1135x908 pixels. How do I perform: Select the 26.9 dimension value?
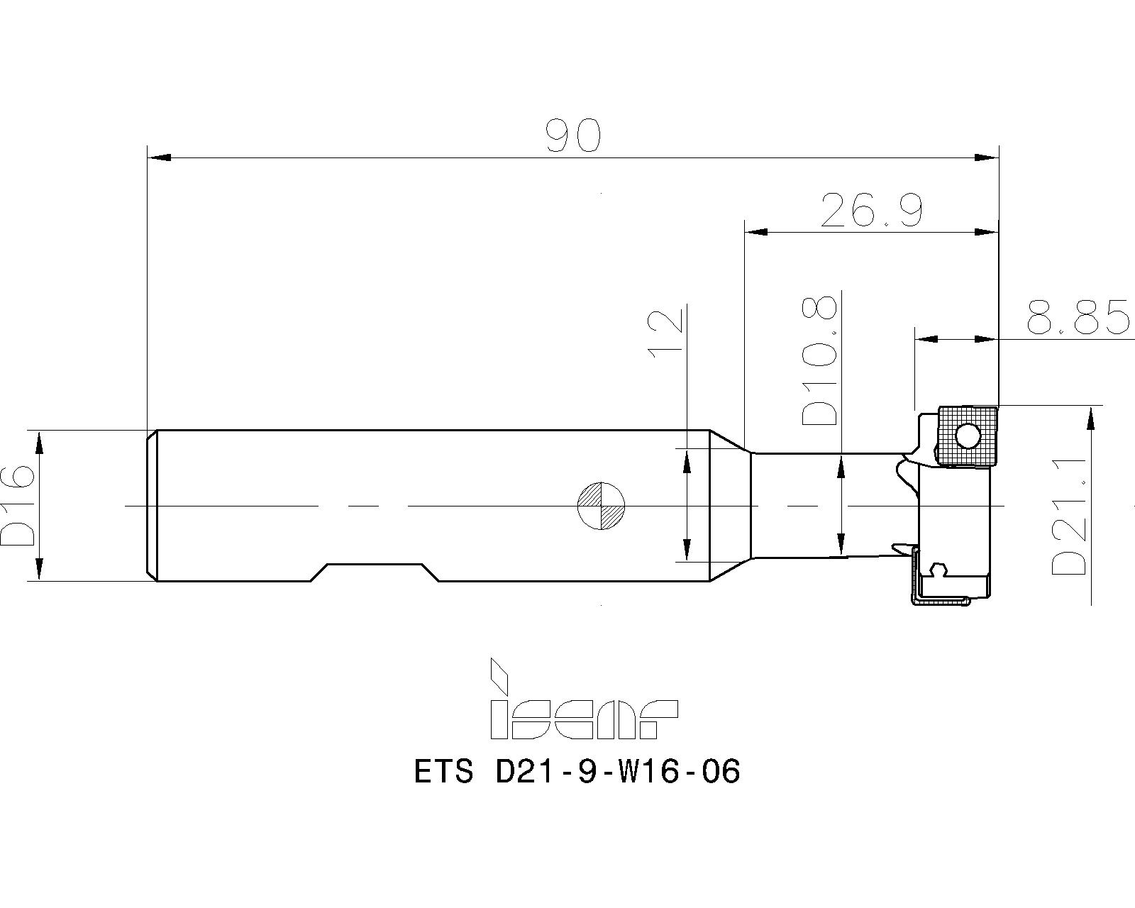[871, 210]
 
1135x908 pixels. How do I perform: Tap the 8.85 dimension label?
[1078, 317]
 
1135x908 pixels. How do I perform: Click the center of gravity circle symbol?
[601, 506]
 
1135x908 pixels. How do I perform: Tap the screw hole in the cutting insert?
[967, 436]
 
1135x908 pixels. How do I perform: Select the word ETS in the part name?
[443, 771]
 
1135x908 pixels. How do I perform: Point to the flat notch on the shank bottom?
[375, 565]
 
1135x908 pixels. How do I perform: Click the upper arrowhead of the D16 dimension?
[39, 443]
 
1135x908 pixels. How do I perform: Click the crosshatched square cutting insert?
[965, 436]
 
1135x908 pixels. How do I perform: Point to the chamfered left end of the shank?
[151, 505]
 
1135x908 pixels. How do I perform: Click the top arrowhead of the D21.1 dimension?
[1090, 419]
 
